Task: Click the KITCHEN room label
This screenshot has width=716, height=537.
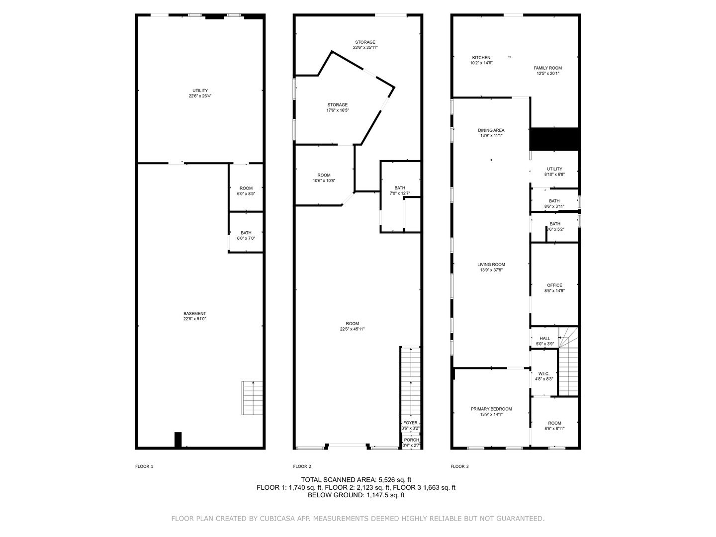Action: [x=481, y=58]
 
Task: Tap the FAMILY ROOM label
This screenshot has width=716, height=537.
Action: [x=547, y=68]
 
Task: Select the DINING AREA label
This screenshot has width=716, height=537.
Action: [x=491, y=130]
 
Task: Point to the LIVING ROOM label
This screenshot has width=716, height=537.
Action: [x=491, y=265]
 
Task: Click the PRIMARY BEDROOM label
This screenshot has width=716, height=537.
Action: [x=491, y=409]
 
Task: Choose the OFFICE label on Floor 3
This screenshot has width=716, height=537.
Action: [x=554, y=285]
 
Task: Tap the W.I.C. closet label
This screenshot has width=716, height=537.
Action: [x=544, y=373]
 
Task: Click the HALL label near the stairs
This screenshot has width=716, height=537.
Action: [x=545, y=339]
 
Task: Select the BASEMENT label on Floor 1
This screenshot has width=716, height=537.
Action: [x=195, y=314]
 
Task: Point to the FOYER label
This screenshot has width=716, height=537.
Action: [x=410, y=423]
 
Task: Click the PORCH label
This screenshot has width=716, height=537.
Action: [x=411, y=440]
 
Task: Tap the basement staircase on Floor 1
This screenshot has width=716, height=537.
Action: [x=252, y=398]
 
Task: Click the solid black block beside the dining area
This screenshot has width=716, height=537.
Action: [x=554, y=139]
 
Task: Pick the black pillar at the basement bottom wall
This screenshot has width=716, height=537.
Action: [x=178, y=440]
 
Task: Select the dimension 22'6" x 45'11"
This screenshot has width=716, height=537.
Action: [x=353, y=329]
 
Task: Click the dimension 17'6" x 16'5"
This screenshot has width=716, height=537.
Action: [x=338, y=110]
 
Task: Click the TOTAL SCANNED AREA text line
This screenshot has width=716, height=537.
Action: [x=356, y=480]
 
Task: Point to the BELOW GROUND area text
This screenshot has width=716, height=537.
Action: [x=356, y=495]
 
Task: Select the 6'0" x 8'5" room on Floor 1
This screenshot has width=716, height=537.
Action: [x=246, y=194]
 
